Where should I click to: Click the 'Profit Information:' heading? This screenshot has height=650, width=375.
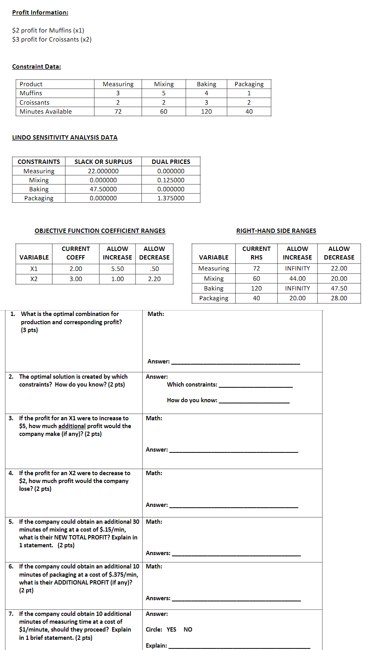click(40, 13)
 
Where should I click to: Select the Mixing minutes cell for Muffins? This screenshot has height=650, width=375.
click(164, 93)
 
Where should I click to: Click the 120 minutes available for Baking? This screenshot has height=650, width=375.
click(206, 112)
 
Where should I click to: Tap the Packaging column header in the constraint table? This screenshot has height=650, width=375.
click(249, 84)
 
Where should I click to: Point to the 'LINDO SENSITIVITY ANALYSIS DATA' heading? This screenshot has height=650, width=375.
click(65, 138)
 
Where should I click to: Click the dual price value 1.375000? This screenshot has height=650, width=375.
click(171, 198)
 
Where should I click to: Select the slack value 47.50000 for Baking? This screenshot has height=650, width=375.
click(103, 189)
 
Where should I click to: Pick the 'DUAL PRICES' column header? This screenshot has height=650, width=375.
click(171, 162)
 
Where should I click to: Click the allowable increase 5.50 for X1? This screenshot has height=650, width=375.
click(118, 269)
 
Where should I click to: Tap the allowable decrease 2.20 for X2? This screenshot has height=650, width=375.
click(154, 279)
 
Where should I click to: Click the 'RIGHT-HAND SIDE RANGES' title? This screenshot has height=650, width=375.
click(276, 231)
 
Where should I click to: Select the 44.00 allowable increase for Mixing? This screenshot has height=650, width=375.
click(297, 279)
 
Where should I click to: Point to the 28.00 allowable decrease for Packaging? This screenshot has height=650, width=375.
click(339, 298)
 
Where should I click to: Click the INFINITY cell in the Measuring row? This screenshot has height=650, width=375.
click(297, 269)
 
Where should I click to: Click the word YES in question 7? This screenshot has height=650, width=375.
click(171, 630)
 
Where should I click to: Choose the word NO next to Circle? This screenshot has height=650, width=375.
click(188, 630)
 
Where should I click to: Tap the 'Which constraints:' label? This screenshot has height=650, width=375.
click(192, 385)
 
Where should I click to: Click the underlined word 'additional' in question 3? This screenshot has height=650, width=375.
click(72, 426)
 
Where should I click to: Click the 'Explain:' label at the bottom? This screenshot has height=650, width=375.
click(156, 646)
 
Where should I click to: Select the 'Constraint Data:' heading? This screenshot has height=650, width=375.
click(36, 67)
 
